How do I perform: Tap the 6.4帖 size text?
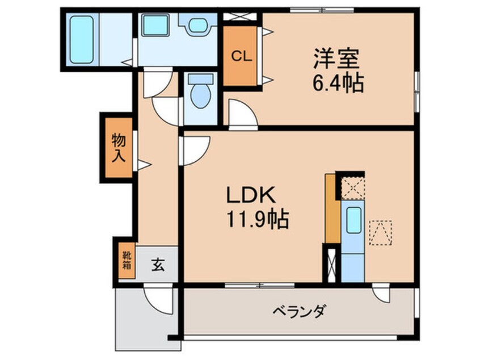point(337,84)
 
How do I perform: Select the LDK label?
point(251,195)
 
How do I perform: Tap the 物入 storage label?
point(118,147)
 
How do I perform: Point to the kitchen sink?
point(353,219)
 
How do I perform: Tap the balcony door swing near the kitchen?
point(381,292)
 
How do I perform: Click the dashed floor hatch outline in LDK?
point(380,232)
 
